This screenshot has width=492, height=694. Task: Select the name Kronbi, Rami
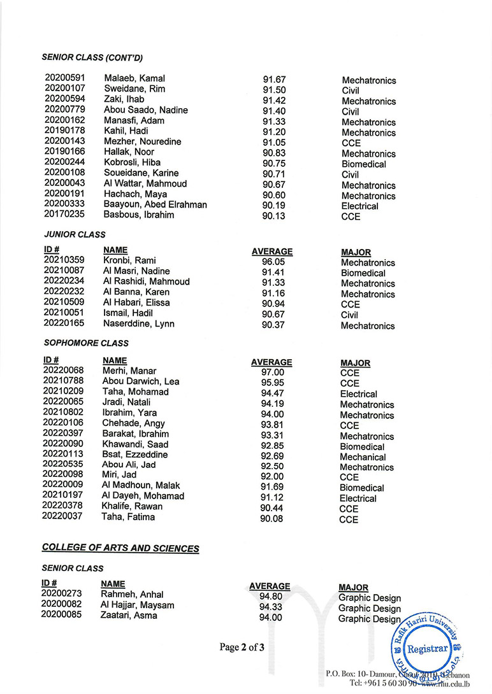(129, 260)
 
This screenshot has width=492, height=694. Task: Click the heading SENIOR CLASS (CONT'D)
(92, 57)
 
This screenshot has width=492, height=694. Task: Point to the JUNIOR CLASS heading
(73, 234)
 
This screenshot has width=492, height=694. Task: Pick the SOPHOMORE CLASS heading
(85, 343)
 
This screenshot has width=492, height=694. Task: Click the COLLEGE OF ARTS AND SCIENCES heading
(120, 548)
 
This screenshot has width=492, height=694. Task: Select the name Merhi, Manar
(129, 371)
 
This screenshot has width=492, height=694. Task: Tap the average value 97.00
(273, 372)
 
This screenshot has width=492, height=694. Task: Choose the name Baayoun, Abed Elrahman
(155, 204)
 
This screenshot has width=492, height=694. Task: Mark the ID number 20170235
(64, 215)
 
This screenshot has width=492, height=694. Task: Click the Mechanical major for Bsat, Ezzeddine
(363, 457)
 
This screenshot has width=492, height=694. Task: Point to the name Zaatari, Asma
(129, 615)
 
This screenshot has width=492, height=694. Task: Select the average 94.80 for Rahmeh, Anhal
(271, 597)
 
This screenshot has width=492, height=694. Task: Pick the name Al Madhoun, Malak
(141, 486)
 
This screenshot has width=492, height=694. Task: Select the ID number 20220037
(63, 516)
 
